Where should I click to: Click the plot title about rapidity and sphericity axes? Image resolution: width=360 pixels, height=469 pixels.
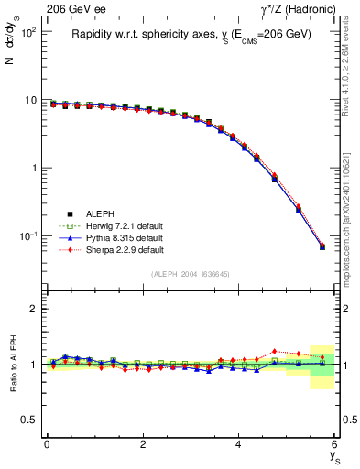pos(191,34)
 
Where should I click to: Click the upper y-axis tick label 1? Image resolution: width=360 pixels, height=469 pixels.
pos(32,169)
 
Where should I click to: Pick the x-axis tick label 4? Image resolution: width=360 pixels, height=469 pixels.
pos(238,444)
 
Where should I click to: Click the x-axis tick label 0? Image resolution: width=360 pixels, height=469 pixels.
pos(47,444)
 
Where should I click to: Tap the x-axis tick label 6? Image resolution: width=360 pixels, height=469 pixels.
pos(334,444)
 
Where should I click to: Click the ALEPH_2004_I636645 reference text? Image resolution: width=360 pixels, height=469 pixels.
pos(191,274)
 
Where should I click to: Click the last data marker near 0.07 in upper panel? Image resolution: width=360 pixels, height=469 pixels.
pos(322,246)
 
